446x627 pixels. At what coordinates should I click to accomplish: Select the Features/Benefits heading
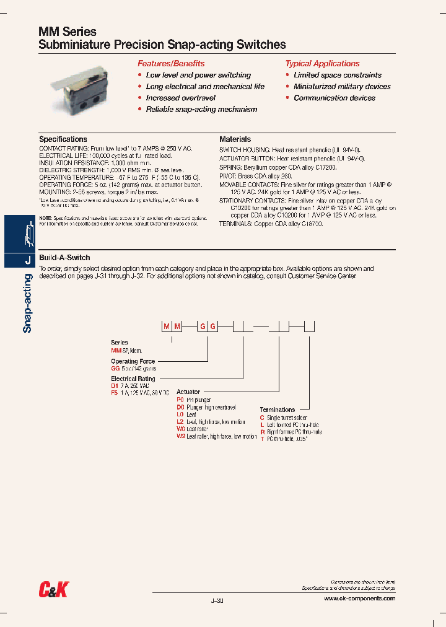(x=171, y=63)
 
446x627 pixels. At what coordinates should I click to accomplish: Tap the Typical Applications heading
(x=322, y=63)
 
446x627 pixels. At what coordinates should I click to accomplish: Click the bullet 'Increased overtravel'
(x=180, y=98)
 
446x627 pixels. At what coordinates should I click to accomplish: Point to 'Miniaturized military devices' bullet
(x=342, y=87)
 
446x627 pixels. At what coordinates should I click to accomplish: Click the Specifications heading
(x=63, y=139)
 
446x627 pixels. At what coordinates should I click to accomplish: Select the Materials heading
(x=235, y=139)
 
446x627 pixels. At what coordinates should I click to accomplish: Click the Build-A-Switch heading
(x=64, y=257)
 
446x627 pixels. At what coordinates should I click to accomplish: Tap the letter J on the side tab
(x=27, y=261)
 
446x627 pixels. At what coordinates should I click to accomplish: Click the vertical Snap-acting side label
(x=27, y=303)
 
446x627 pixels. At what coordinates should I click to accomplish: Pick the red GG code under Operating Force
(x=115, y=368)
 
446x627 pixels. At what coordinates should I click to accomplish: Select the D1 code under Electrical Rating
(x=115, y=385)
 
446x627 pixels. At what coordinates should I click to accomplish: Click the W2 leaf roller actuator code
(x=181, y=436)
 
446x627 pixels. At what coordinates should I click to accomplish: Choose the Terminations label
(x=278, y=410)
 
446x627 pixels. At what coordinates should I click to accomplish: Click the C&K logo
(x=53, y=591)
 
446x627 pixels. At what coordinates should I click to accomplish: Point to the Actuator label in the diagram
(x=188, y=392)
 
